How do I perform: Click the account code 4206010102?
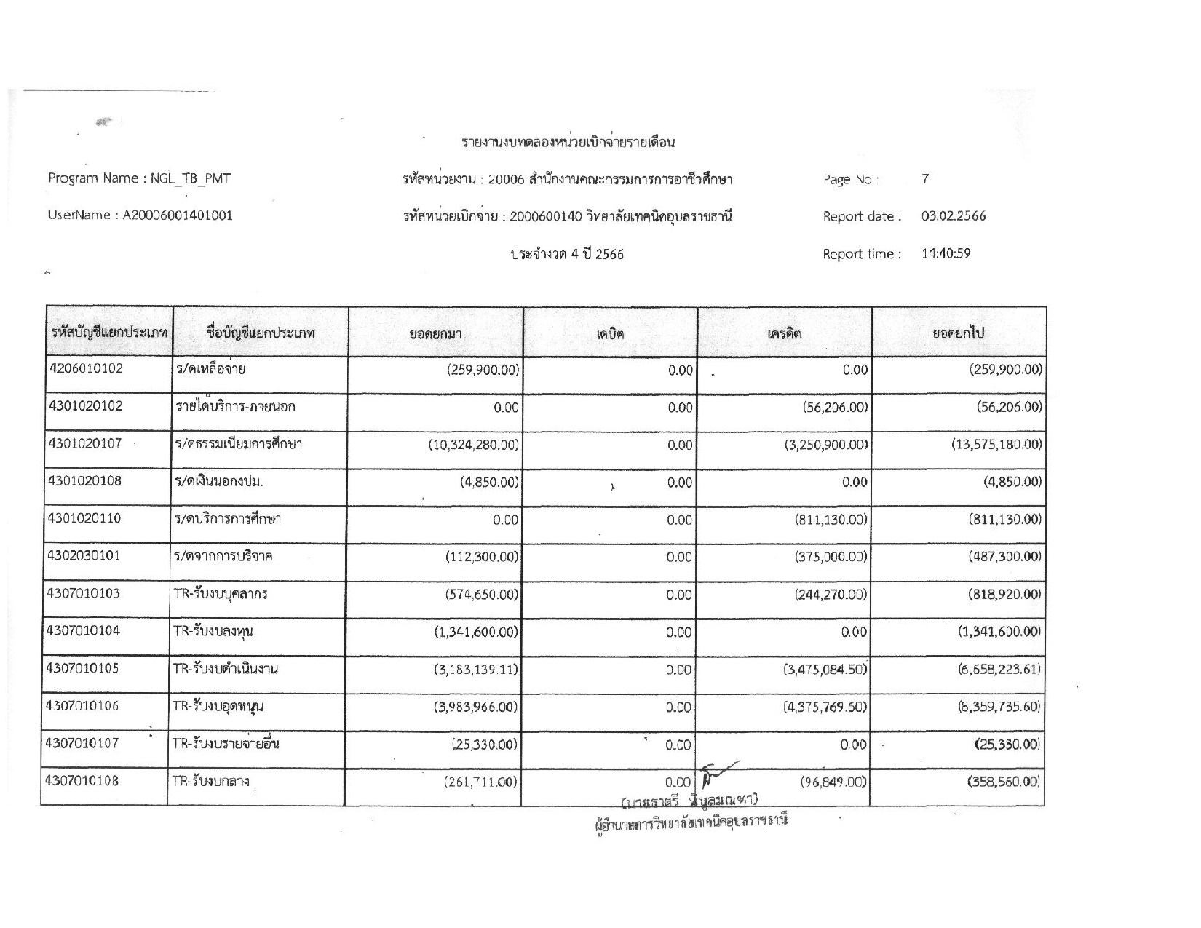86,368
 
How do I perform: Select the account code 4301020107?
84,443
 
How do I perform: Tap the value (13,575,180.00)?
996,444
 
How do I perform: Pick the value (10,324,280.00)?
474,445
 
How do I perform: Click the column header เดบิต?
610,333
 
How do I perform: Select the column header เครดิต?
784,333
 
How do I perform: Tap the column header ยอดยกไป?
959,333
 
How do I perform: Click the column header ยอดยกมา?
435,334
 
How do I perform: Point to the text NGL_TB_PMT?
191,178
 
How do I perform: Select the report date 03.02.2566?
954,216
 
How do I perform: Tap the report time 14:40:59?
946,254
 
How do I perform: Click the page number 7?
925,179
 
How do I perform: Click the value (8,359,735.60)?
999,707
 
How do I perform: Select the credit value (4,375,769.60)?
825,707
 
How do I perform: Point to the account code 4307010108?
82,781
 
